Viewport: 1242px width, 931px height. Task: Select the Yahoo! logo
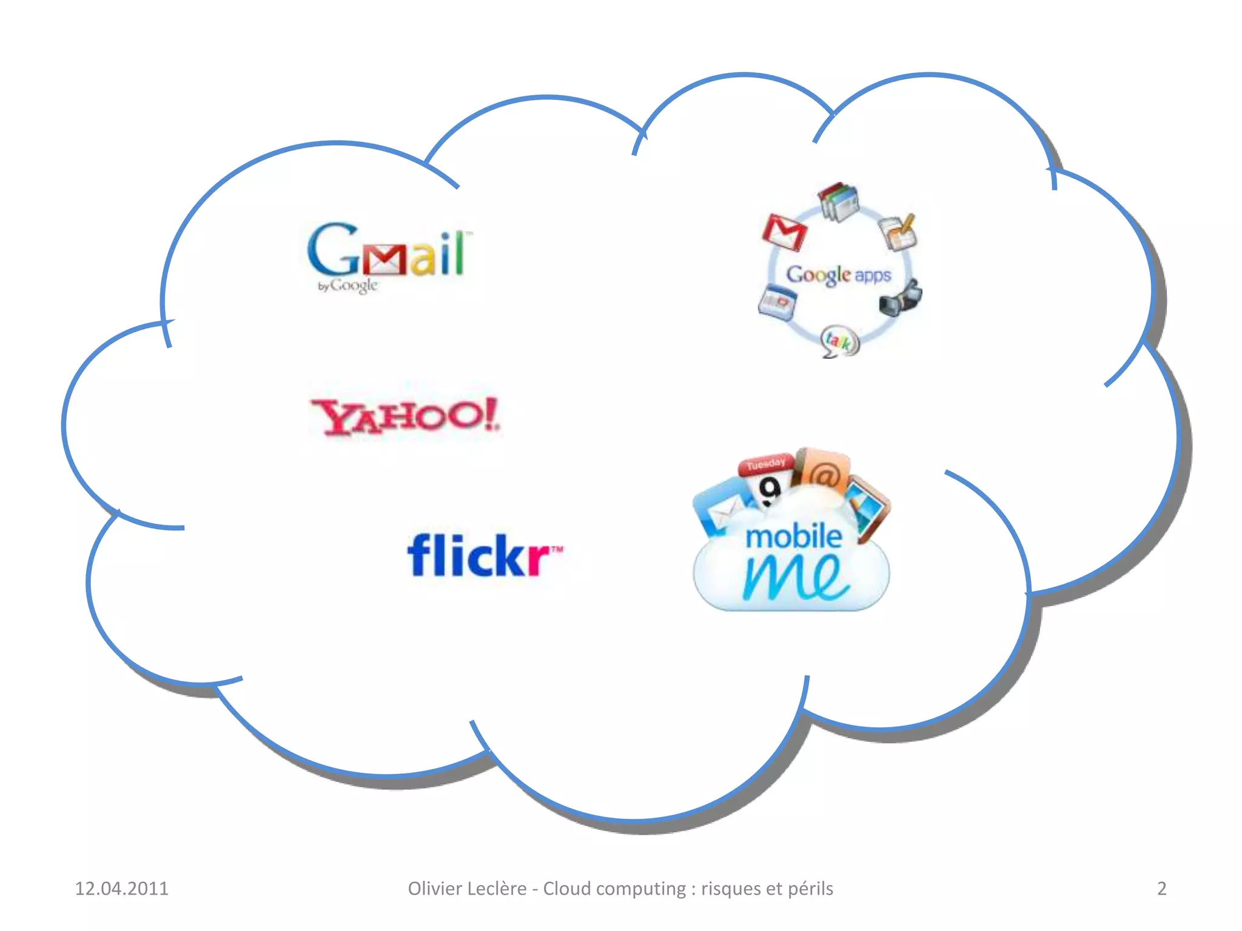tap(405, 417)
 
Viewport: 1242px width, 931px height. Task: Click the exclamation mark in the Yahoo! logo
tap(491, 415)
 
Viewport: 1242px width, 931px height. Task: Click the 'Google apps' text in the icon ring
tap(839, 275)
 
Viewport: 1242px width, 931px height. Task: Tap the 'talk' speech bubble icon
tap(839, 341)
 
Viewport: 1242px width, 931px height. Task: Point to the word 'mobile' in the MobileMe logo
tap(793, 537)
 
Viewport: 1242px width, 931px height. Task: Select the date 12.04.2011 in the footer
tap(121, 889)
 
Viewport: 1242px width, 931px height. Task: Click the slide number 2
tap(1161, 889)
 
